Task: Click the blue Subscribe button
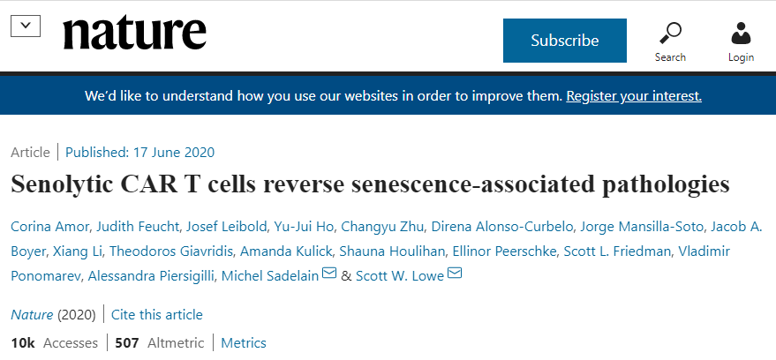tap(564, 41)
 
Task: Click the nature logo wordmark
tap(134, 34)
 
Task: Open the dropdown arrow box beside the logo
tap(25, 26)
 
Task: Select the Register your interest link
tap(634, 95)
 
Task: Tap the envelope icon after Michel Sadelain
tap(329, 274)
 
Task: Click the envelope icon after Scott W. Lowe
tap(456, 274)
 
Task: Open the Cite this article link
tap(157, 314)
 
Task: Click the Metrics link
tap(244, 342)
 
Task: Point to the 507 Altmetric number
tap(127, 342)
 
